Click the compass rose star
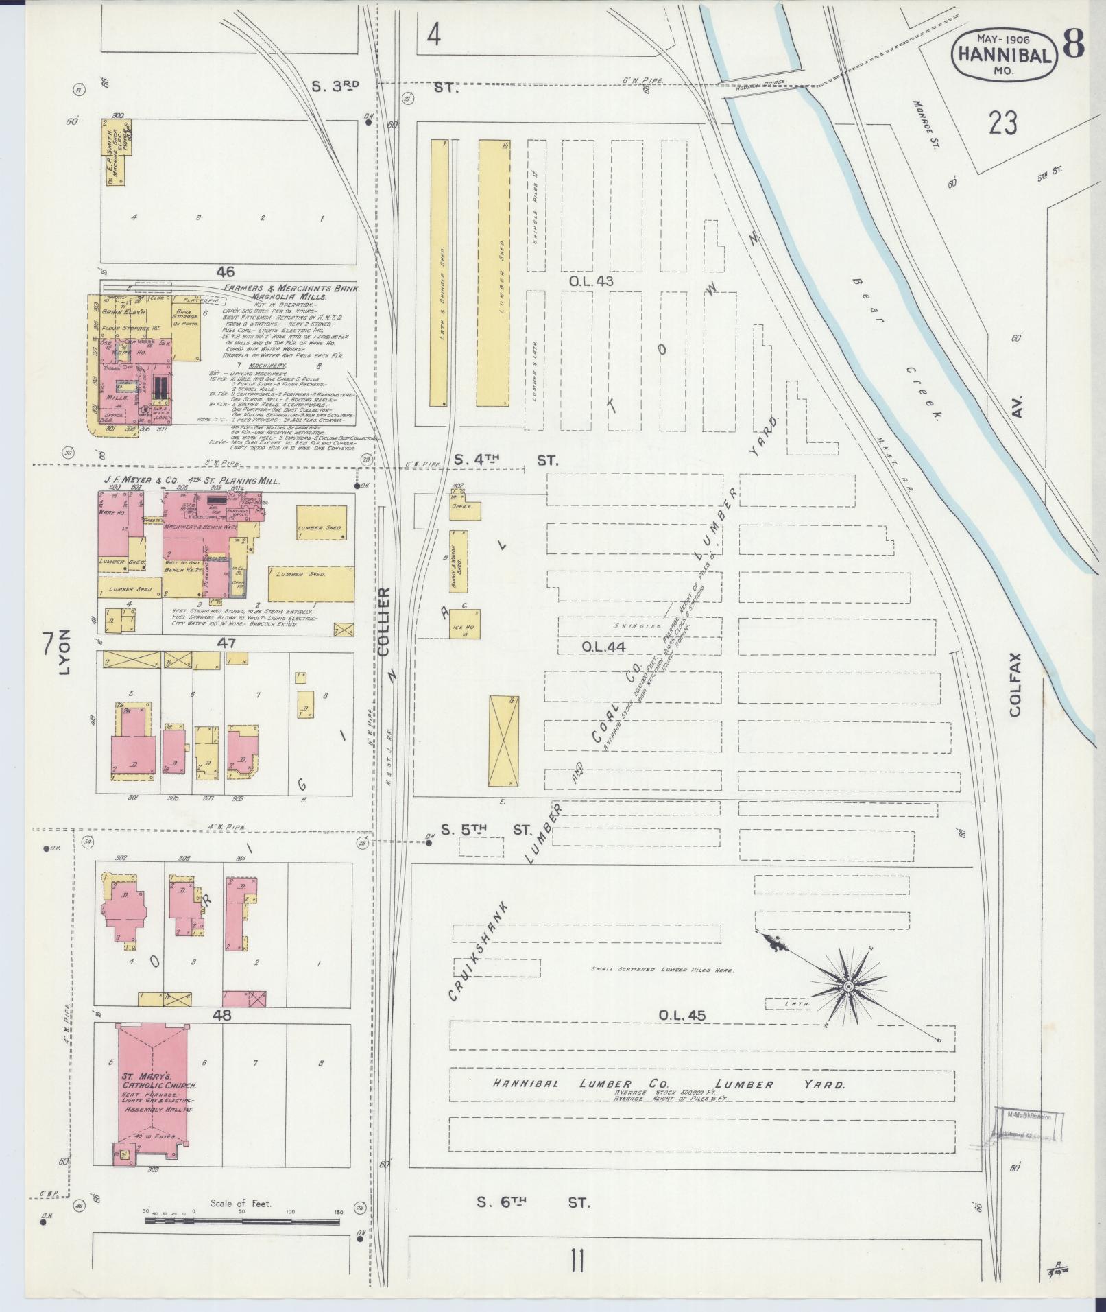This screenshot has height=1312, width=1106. (x=848, y=986)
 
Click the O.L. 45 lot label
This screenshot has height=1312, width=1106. (x=682, y=1014)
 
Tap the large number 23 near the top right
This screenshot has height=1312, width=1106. (x=1002, y=124)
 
